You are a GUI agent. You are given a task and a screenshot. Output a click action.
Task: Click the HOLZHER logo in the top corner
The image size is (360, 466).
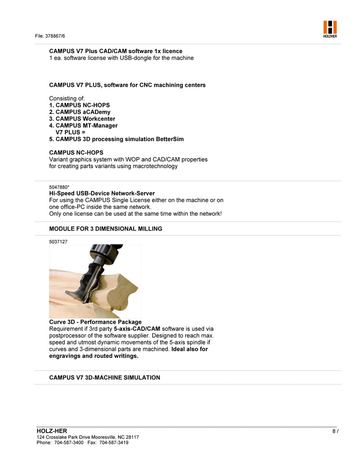pyautogui.click(x=330, y=29)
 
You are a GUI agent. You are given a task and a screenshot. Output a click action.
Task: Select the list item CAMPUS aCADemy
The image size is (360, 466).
pyautogui.click(x=80, y=112)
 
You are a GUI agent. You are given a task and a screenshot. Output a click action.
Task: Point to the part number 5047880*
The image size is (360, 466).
pyautogui.click(x=59, y=186)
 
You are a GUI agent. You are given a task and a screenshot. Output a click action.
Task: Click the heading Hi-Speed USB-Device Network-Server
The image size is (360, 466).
pyautogui.click(x=102, y=193)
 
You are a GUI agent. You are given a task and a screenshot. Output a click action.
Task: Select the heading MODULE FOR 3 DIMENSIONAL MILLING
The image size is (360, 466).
pyautogui.click(x=105, y=229)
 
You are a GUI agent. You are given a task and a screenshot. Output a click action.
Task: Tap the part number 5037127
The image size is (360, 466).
pyautogui.click(x=58, y=242)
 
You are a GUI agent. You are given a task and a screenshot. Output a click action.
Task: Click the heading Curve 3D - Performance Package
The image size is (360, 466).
pyautogui.click(x=95, y=322)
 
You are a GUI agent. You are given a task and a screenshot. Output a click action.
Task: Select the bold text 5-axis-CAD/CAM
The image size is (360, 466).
pyautogui.click(x=137, y=329)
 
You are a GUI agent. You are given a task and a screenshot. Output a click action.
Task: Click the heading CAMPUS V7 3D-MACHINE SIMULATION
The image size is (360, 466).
pyautogui.click(x=104, y=377)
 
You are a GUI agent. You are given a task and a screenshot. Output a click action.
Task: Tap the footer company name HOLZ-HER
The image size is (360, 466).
pyautogui.click(x=52, y=431)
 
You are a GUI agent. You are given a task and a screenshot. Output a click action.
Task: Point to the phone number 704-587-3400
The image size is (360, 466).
pyautogui.click(x=68, y=443)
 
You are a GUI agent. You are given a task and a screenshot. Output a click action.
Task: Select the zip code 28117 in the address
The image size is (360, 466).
pyautogui.click(x=132, y=437)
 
